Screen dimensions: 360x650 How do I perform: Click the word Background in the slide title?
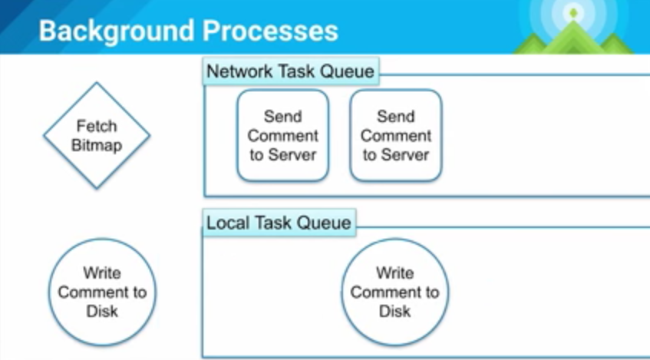[x=116, y=31]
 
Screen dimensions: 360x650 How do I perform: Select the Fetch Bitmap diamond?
[x=97, y=136]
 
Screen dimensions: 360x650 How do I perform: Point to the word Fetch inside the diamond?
[x=97, y=126]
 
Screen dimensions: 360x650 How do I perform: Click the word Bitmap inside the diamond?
[x=97, y=145]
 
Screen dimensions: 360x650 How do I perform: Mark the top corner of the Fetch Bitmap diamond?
[x=97, y=83]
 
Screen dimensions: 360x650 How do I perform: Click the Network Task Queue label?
[x=291, y=72]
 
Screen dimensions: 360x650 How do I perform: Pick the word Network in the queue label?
[x=238, y=72]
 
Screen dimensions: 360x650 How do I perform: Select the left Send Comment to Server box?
[x=282, y=136]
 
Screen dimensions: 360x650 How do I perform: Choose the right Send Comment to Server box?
[x=396, y=136]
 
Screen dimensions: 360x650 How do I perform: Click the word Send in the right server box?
[x=396, y=117]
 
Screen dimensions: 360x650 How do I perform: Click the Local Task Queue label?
[x=279, y=223]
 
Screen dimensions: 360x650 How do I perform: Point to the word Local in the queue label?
[x=224, y=223]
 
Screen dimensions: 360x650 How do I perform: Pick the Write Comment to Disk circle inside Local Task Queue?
[x=394, y=292]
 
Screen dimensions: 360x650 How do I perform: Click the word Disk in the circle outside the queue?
[x=102, y=311]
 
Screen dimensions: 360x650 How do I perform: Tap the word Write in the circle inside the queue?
[x=394, y=273]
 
